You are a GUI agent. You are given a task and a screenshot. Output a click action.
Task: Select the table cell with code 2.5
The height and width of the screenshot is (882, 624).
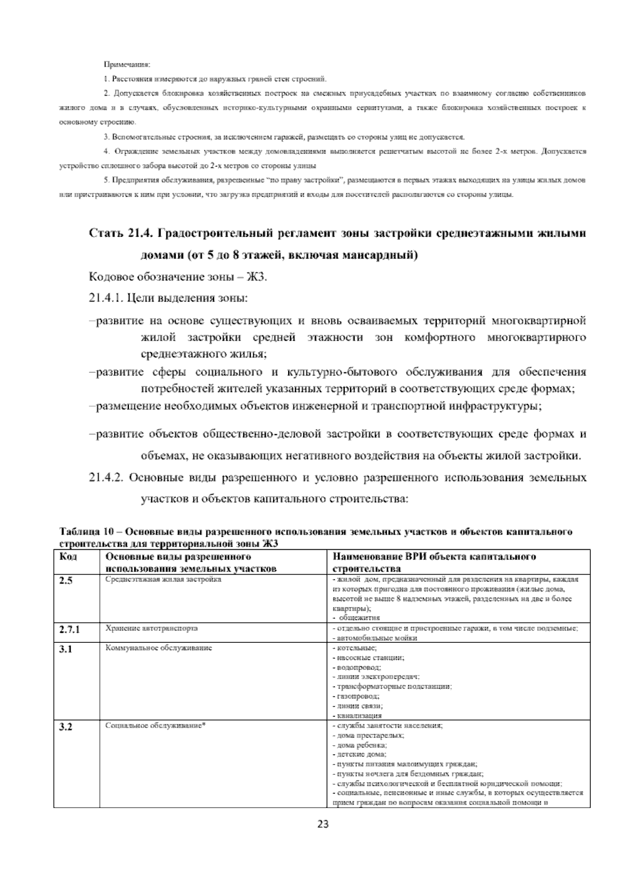click(66, 581)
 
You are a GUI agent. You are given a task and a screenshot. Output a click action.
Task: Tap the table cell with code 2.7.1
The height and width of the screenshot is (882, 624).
click(69, 629)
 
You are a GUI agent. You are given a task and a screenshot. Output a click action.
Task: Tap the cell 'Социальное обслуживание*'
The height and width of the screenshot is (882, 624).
click(156, 726)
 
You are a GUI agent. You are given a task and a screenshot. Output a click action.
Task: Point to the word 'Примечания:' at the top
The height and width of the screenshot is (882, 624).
click(127, 65)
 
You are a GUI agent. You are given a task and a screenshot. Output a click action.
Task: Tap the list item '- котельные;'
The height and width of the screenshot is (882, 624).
click(354, 648)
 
